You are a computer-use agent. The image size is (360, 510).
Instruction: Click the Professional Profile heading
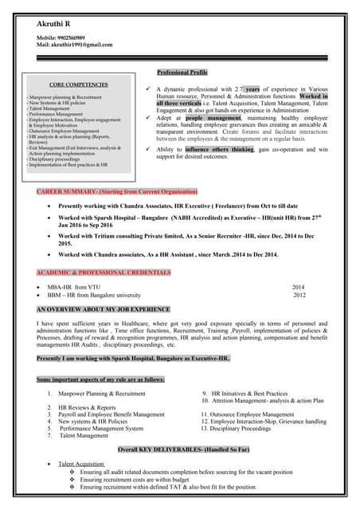tap(182, 73)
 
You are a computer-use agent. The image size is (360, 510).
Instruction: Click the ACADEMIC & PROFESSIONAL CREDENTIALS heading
tap(103, 273)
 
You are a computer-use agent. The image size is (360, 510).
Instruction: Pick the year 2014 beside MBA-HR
tap(298, 287)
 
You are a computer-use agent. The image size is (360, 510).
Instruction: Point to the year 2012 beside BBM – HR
tap(299, 295)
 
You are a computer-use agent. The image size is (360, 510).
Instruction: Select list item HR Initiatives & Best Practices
tap(249, 394)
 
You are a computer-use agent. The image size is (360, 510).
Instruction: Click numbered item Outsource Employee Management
tap(252, 414)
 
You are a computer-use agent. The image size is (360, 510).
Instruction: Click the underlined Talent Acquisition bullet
tap(81, 464)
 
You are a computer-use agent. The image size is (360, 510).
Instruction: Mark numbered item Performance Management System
tap(101, 429)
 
